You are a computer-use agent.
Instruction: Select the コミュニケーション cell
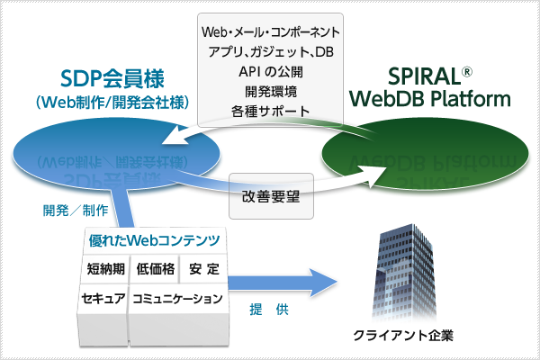click(x=176, y=298)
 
